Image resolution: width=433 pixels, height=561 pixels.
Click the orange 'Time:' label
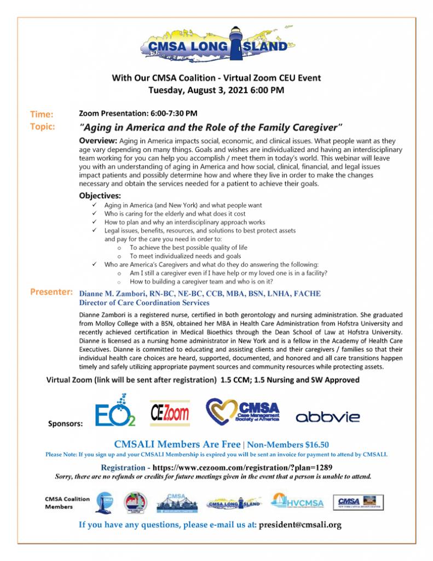[x=42, y=115]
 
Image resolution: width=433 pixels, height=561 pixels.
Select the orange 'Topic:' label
[x=42, y=127]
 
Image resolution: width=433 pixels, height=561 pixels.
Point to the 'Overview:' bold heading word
[x=98, y=141]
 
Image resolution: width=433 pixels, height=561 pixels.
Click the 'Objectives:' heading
[x=100, y=195]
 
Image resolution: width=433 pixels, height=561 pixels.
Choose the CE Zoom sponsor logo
[x=170, y=413]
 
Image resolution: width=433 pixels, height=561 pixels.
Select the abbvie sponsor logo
[x=328, y=417]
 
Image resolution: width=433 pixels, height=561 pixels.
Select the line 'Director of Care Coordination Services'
[x=144, y=302]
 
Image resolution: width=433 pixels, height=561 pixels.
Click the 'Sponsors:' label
[x=65, y=424]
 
